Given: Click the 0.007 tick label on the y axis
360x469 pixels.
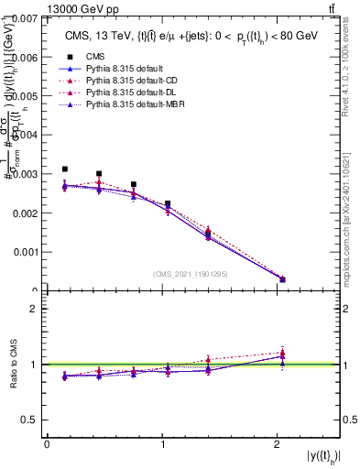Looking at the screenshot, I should click(24, 18).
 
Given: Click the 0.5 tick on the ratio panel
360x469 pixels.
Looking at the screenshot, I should click(30, 420).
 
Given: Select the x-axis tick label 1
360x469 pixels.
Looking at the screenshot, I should click(163, 444).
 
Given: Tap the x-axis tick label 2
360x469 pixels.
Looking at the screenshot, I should click(278, 444).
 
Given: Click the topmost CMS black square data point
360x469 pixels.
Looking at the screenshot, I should click(65, 169).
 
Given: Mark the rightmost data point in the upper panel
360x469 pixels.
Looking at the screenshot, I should click(282, 279).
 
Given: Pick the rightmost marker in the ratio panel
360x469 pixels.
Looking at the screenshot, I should click(282, 354).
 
